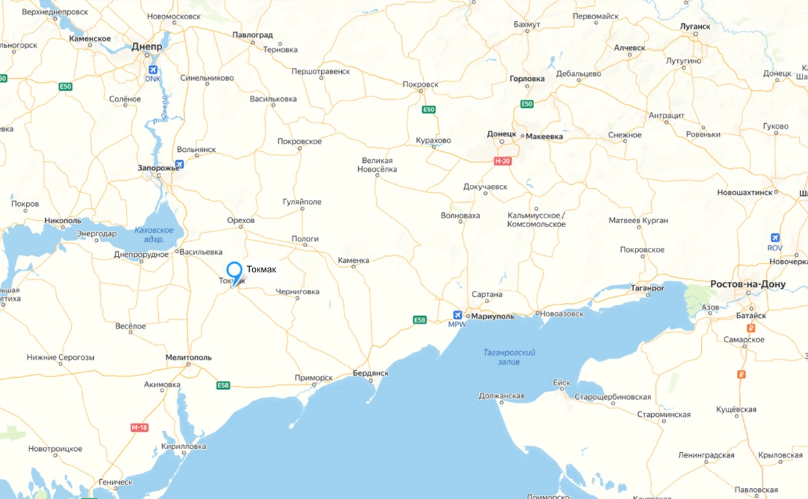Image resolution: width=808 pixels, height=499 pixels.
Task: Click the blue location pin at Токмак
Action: [234, 271]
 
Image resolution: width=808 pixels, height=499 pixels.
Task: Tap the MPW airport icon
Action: [457, 315]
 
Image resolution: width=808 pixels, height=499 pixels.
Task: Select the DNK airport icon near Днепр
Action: [152, 70]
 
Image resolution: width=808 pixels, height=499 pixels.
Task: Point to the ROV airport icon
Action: [775, 238]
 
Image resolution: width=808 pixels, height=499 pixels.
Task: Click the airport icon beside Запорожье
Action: [179, 164]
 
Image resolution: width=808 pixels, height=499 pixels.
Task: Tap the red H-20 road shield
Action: [503, 160]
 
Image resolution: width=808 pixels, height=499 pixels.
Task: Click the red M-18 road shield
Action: [139, 428]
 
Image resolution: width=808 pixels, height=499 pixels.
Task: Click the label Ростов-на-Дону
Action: [748, 284]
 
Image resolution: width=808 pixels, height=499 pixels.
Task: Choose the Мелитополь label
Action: [188, 357]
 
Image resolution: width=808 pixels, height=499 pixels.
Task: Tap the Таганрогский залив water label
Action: [509, 357]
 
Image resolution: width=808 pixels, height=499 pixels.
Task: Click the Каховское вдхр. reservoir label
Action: [154, 235]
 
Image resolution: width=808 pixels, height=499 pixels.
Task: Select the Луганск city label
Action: [695, 27]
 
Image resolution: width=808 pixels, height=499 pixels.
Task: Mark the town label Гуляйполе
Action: [302, 202]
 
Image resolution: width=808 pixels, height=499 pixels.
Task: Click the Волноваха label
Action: [460, 216]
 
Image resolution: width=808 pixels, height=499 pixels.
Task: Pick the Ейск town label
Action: [561, 383]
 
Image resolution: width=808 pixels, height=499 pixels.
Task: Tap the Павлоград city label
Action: [253, 35]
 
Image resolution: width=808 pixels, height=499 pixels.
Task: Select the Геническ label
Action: [115, 482]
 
